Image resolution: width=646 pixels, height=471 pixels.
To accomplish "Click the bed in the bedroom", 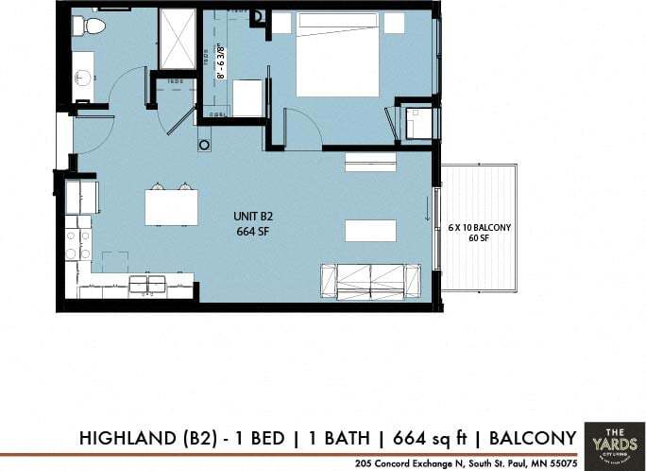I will point(337,54).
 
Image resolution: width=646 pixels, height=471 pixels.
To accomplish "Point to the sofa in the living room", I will point(370,280).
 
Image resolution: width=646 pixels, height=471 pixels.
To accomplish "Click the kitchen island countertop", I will point(171,207).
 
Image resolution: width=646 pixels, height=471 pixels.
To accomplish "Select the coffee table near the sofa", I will point(369,231).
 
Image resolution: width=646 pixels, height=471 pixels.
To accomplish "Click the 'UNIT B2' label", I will point(253,217).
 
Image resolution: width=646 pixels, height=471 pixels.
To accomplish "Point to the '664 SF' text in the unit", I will point(253,231).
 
